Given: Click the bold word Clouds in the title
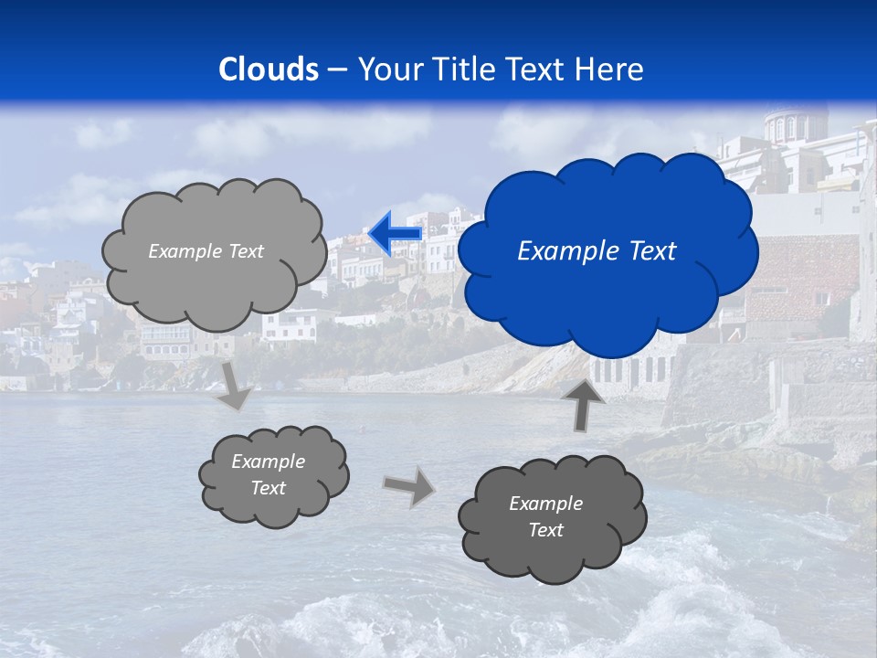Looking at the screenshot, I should point(269,69).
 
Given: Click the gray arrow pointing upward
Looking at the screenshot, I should point(583,402).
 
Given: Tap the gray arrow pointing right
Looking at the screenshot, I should point(409,485).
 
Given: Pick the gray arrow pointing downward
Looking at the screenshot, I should point(235,385).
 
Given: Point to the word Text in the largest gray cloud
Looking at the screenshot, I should point(246,251).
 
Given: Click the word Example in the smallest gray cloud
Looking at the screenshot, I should point(268,462).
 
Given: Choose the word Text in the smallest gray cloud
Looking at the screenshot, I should point(268,488).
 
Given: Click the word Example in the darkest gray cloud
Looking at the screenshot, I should point(545,504).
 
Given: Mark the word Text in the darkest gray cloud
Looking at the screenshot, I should point(545,530).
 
